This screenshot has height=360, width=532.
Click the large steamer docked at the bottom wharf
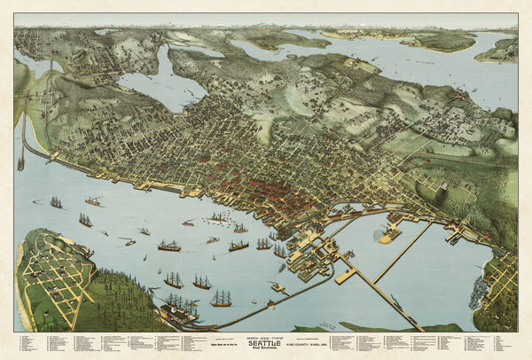[x=181, y=311]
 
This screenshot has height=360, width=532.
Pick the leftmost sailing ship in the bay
[x=56, y=203]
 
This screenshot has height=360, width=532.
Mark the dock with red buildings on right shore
[x=458, y=236]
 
